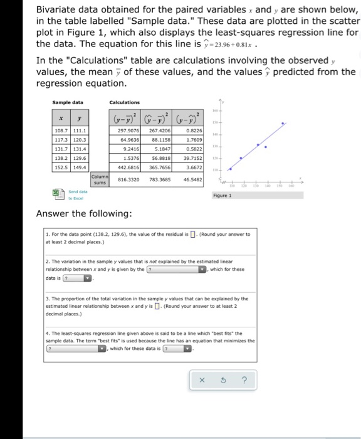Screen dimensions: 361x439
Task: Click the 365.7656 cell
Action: pyautogui.click(x=161, y=169)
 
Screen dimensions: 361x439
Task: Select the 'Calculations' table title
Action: pyautogui.click(x=124, y=102)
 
